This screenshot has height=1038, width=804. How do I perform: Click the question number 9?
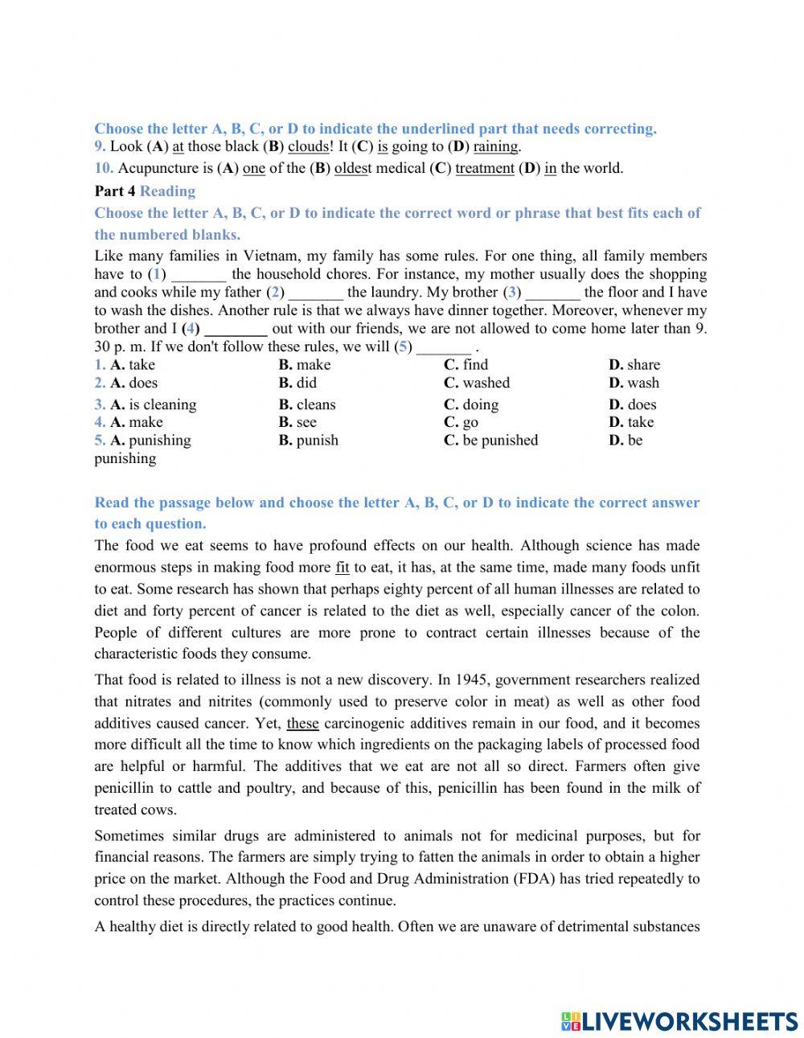pos(100,146)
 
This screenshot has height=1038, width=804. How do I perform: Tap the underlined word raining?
pos(495,146)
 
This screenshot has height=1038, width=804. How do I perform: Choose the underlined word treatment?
pos(484,168)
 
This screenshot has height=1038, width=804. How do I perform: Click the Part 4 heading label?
pos(115,191)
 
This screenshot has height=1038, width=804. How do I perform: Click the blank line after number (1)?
pos(199,275)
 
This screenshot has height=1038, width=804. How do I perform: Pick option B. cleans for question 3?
pos(307,404)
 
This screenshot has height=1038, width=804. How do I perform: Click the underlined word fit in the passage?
pos(343,568)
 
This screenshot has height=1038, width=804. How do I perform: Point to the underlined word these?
pos(302,724)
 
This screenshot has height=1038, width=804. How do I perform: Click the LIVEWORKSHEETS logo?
pos(679,1021)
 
